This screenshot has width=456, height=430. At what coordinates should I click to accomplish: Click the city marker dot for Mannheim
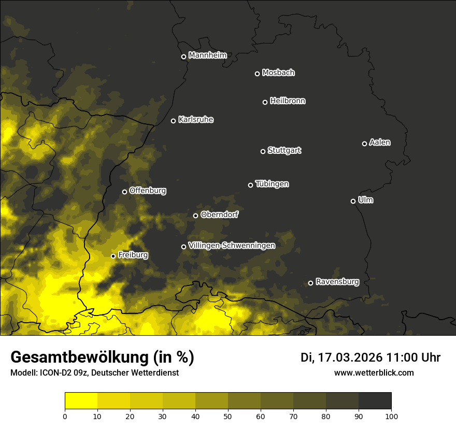(183, 57)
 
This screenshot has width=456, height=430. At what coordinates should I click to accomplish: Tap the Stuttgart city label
(284, 151)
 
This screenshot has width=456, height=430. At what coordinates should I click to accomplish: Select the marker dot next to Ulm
(353, 201)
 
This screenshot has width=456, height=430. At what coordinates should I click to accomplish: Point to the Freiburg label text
(133, 255)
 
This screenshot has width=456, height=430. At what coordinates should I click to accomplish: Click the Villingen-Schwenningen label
(232, 246)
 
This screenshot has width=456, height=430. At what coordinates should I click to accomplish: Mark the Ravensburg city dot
(310, 283)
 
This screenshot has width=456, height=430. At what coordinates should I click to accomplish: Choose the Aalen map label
(380, 142)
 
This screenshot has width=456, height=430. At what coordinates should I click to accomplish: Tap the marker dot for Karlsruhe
(173, 121)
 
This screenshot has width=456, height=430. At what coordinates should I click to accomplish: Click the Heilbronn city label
(288, 101)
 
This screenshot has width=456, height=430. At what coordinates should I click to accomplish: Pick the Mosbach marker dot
(257, 74)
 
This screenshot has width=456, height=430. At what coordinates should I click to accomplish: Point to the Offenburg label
(148, 191)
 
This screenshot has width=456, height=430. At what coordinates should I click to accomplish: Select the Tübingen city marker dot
(250, 185)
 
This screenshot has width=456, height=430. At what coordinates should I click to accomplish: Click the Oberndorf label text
(220, 214)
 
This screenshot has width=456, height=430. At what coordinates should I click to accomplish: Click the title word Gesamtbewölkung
(78, 357)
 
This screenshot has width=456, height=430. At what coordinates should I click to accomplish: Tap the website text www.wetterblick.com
(374, 372)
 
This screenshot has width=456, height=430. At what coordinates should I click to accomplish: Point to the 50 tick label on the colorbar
(228, 416)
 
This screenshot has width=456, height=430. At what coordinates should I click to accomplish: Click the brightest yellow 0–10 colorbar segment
(81, 401)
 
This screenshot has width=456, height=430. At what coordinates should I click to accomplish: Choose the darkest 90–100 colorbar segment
(375, 401)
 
